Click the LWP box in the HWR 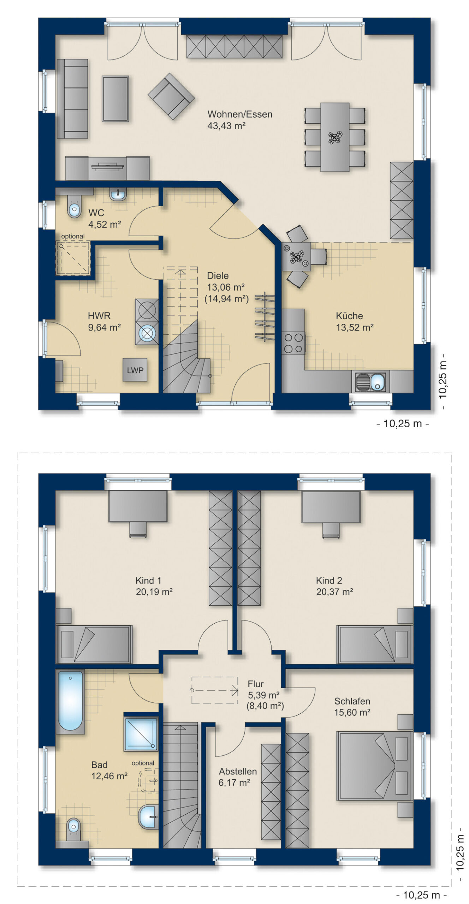pos(135,370)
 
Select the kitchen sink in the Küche pos(371,382)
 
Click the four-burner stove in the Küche pos(293,343)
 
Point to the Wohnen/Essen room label pos(240,114)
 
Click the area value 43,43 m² pos(226,126)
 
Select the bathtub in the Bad pos(71,701)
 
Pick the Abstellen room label pos(238,771)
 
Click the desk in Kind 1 pos(138,506)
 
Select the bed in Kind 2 pos(375,644)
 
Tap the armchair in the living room pos(171,96)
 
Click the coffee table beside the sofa pos(115,99)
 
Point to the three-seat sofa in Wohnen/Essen pos(72,99)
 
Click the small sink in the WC pos(118,194)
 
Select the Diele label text pos(218,275)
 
